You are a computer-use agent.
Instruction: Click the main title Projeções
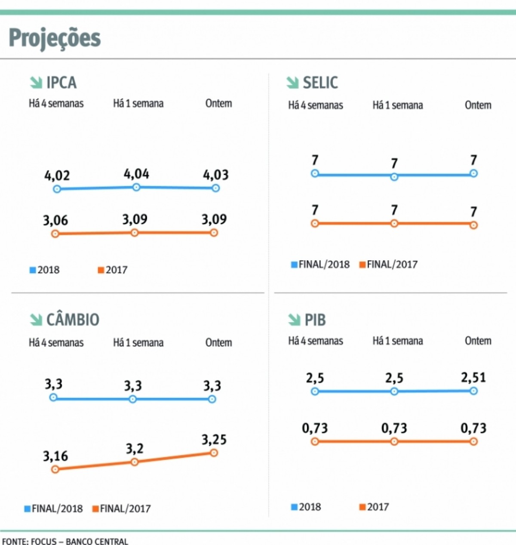pos(55,38)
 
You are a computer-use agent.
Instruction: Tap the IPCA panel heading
pos(61,83)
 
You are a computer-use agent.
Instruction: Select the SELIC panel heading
pos(320,83)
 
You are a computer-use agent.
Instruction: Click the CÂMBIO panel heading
pos(73,320)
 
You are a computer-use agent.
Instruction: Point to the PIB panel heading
pos(315,320)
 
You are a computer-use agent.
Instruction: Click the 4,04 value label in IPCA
pos(136,174)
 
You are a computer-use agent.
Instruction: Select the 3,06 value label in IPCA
pos(55,221)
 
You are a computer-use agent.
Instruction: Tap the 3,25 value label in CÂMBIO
pos(214,440)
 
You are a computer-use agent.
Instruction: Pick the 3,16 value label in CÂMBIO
pos(55,456)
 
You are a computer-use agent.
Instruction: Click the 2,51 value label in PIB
pos(473,378)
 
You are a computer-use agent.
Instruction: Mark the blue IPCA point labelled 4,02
pos(57,189)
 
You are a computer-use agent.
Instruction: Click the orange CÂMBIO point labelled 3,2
pos(135,462)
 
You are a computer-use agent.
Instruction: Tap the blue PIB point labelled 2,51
pos(473,391)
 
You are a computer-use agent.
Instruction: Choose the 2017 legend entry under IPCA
pos(113,270)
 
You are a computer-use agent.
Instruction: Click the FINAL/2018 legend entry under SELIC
pos(320,265)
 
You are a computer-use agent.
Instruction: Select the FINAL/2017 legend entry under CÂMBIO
pos(122,509)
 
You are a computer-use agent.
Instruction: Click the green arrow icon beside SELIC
pos(293,83)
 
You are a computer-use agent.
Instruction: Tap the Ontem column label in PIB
pos(478,341)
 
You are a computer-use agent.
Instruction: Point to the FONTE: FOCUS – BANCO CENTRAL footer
pos(65,541)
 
